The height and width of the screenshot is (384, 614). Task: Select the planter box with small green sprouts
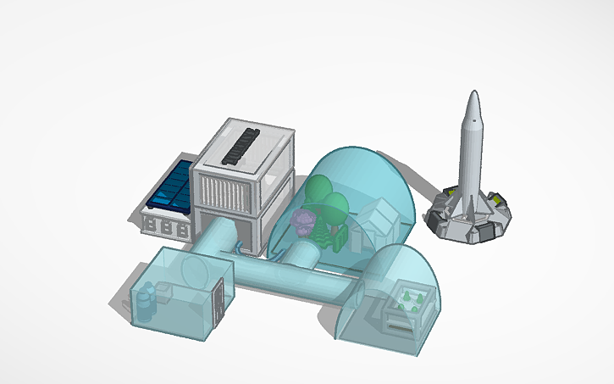point(408,304)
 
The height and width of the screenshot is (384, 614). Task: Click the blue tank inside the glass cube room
point(147,299)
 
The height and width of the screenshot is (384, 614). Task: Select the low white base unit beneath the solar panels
point(165,225)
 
